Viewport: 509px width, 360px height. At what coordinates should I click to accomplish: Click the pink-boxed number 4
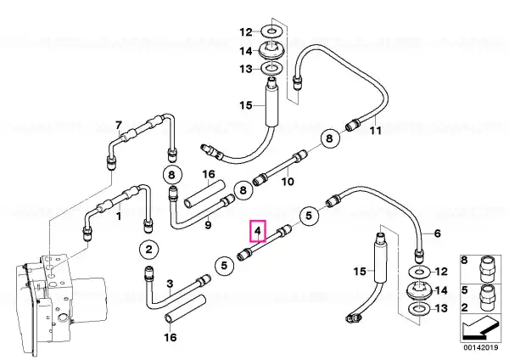click(x=258, y=231)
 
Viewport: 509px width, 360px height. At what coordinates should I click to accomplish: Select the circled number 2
click(x=148, y=250)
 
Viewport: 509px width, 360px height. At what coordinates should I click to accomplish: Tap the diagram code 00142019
click(x=480, y=347)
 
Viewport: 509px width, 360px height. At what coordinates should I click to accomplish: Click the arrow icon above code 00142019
click(x=479, y=328)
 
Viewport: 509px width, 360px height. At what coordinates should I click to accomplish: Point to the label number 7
click(x=119, y=125)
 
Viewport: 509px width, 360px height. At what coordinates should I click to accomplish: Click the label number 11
click(x=375, y=131)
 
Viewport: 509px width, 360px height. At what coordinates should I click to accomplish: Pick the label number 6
click(x=437, y=233)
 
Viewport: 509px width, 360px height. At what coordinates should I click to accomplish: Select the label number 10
click(x=288, y=182)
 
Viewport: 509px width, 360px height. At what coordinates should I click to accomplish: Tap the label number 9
click(x=208, y=224)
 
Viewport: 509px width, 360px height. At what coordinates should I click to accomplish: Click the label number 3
click(x=170, y=284)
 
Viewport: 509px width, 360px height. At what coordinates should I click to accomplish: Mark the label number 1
click(x=119, y=216)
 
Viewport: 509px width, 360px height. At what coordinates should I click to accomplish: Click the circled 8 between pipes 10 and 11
click(x=330, y=138)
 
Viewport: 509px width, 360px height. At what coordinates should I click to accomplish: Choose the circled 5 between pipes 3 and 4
click(x=224, y=266)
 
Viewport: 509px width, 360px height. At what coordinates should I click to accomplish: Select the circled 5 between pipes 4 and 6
click(x=309, y=216)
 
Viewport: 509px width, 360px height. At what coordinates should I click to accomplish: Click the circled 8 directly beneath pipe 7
click(x=171, y=175)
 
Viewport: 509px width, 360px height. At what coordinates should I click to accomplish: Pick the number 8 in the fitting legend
click(x=465, y=261)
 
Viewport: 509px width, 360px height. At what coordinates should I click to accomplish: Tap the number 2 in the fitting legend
click(x=465, y=307)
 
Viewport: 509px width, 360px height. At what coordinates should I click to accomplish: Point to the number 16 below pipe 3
click(x=171, y=337)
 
